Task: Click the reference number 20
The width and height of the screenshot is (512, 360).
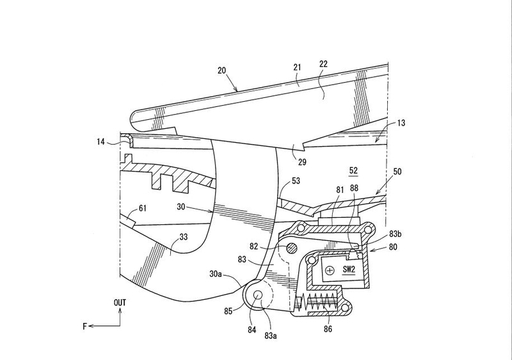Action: [x=221, y=70]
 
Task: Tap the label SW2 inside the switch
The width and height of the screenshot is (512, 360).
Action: [x=349, y=270]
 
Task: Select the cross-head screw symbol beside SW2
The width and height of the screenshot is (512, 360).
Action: [x=330, y=270]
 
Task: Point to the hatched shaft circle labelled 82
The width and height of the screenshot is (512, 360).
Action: [x=291, y=249]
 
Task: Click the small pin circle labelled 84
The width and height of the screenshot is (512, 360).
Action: [x=258, y=295]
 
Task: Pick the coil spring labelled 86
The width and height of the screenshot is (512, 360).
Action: [x=316, y=302]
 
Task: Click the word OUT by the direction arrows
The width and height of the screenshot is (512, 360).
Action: [x=120, y=303]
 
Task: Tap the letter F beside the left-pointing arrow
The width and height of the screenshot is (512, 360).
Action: [x=85, y=326]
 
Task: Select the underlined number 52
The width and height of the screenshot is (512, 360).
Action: [x=353, y=170]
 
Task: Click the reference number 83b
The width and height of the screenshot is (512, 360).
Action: [x=396, y=234]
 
